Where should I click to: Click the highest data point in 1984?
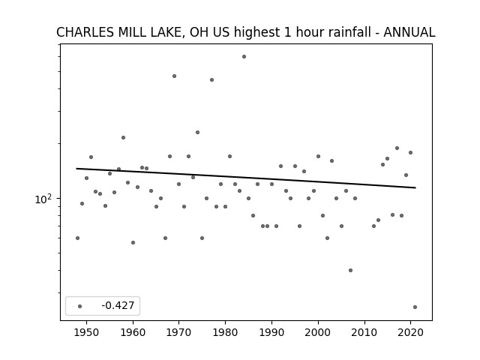pyautogui.click(x=244, y=57)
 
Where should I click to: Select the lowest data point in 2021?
pyautogui.click(x=415, y=307)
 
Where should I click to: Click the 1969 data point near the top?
pyautogui.click(x=174, y=76)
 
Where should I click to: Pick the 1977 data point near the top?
pyautogui.click(x=211, y=80)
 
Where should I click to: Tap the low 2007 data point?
pyautogui.click(x=350, y=270)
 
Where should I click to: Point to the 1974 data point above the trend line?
pyautogui.click(x=198, y=133)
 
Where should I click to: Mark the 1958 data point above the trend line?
pyautogui.click(x=123, y=138)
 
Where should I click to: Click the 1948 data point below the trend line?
pyautogui.click(x=77, y=238)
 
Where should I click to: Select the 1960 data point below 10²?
pyautogui.click(x=133, y=243)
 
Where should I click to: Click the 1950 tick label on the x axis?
pyautogui.click(x=87, y=332)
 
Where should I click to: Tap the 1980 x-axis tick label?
pyautogui.click(x=226, y=332)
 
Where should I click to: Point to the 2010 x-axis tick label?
pyautogui.click(x=364, y=332)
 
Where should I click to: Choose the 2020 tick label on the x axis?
pyautogui.click(x=411, y=332)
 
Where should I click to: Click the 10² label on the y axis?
pyautogui.click(x=43, y=199)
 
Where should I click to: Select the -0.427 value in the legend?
pyautogui.click(x=118, y=305)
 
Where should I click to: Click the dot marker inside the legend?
pyautogui.click(x=80, y=306)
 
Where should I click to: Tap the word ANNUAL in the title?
pyautogui.click(x=409, y=32)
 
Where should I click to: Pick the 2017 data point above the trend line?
pyautogui.click(x=397, y=148)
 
